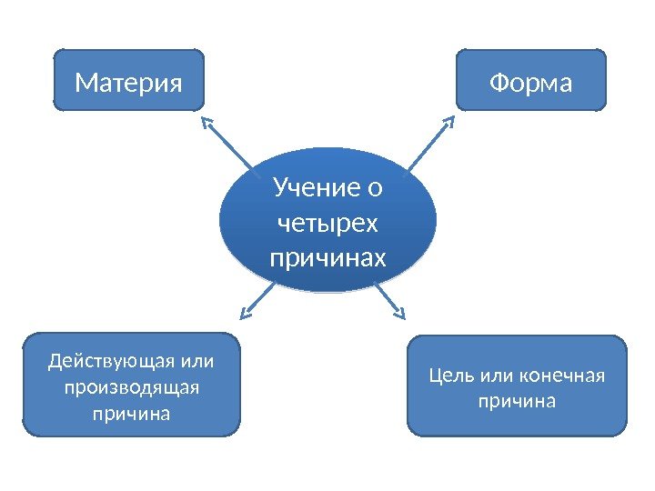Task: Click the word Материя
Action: click(x=128, y=84)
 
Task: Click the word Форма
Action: click(x=530, y=84)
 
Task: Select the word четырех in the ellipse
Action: click(x=327, y=224)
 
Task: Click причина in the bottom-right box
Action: click(x=517, y=400)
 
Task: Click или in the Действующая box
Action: click(x=198, y=361)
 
